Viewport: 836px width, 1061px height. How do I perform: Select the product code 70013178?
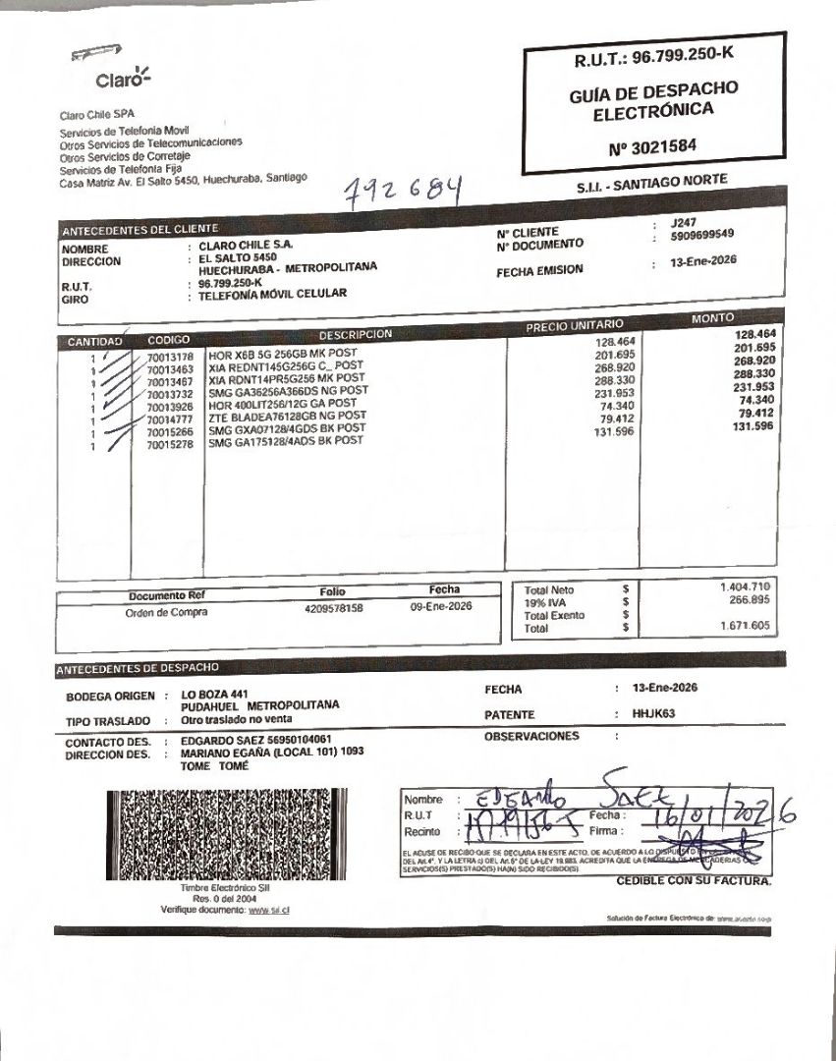(170, 357)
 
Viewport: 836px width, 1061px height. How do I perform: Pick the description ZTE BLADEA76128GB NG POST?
(282, 418)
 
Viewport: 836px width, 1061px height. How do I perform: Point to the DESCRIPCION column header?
(355, 334)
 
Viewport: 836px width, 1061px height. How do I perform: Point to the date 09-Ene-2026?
(441, 607)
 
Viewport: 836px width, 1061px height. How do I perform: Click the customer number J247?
(682, 223)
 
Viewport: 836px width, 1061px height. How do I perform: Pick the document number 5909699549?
(702, 235)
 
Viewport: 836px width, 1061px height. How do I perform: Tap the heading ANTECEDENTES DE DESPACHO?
(137, 669)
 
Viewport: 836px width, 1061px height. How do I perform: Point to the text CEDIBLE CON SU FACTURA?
(694, 880)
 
